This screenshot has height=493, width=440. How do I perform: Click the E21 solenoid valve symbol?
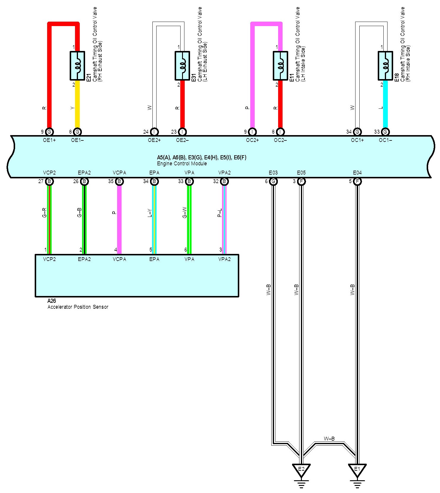click(x=77, y=66)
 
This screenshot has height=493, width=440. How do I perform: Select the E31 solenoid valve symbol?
click(x=182, y=66)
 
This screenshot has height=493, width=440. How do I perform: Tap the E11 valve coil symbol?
click(x=280, y=66)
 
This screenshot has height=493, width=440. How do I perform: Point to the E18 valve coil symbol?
click(x=385, y=66)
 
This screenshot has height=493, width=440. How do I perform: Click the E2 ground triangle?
click(x=301, y=470)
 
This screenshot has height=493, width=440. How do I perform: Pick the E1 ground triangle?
click(x=357, y=470)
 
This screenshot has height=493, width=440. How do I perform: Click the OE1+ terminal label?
click(x=49, y=140)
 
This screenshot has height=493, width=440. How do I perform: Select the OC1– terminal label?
click(x=385, y=140)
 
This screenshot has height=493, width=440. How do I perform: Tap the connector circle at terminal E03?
click(x=273, y=181)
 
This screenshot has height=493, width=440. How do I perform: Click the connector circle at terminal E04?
click(x=358, y=181)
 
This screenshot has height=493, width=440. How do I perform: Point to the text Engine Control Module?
click(x=182, y=164)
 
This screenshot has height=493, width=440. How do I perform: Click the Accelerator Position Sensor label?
click(x=78, y=307)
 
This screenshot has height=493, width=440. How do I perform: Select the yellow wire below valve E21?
click(x=77, y=104)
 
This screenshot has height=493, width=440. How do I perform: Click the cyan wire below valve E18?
click(x=385, y=104)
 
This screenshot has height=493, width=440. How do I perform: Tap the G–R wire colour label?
click(x=44, y=213)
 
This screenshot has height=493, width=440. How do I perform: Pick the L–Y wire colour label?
click(x=149, y=213)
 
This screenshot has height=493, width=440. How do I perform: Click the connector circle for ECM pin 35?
click(x=119, y=181)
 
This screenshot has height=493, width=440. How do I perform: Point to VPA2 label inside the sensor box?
click(x=224, y=259)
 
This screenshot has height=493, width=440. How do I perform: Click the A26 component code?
click(x=52, y=301)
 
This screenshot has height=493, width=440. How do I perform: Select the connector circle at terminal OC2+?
click(x=252, y=132)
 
